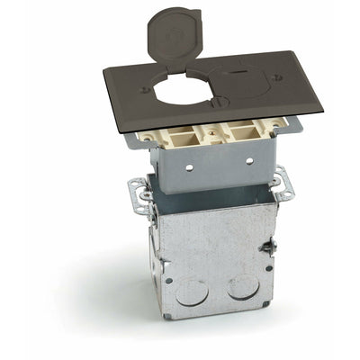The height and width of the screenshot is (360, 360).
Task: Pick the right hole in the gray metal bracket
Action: pos(249,161)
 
